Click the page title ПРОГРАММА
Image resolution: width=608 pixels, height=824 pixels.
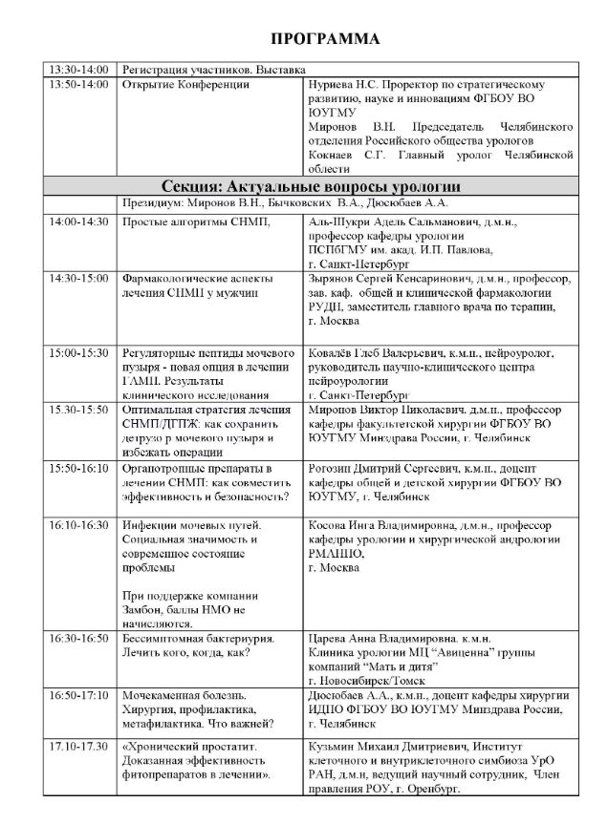(325, 38)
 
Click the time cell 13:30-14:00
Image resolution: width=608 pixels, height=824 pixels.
(81, 70)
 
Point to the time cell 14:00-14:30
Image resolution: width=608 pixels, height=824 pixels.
(81, 222)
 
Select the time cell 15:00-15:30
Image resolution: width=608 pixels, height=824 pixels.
(81, 353)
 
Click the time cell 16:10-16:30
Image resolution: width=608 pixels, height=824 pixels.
(81, 525)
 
